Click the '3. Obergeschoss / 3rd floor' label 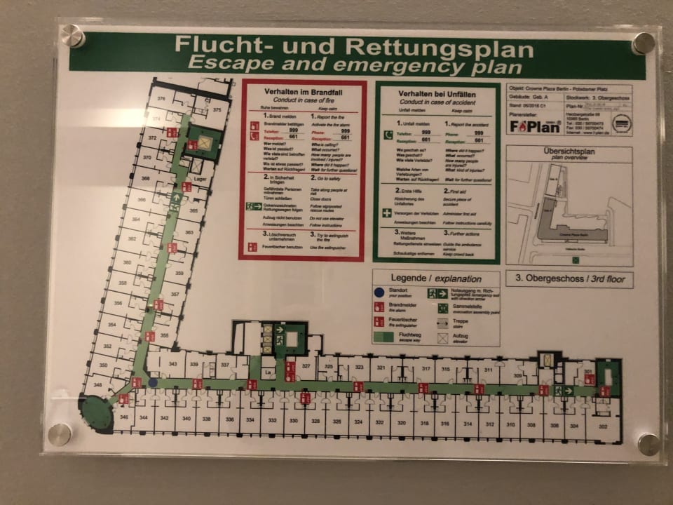[x=569, y=278]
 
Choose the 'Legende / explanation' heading [x=436, y=278]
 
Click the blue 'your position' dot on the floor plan [x=153, y=383]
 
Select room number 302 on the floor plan [x=602, y=426]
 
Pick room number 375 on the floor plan [x=217, y=110]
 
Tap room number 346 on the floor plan [x=125, y=418]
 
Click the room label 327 [x=306, y=367]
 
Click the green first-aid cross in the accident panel [x=386, y=211]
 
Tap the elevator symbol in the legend [x=442, y=337]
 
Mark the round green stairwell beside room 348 [x=96, y=414]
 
